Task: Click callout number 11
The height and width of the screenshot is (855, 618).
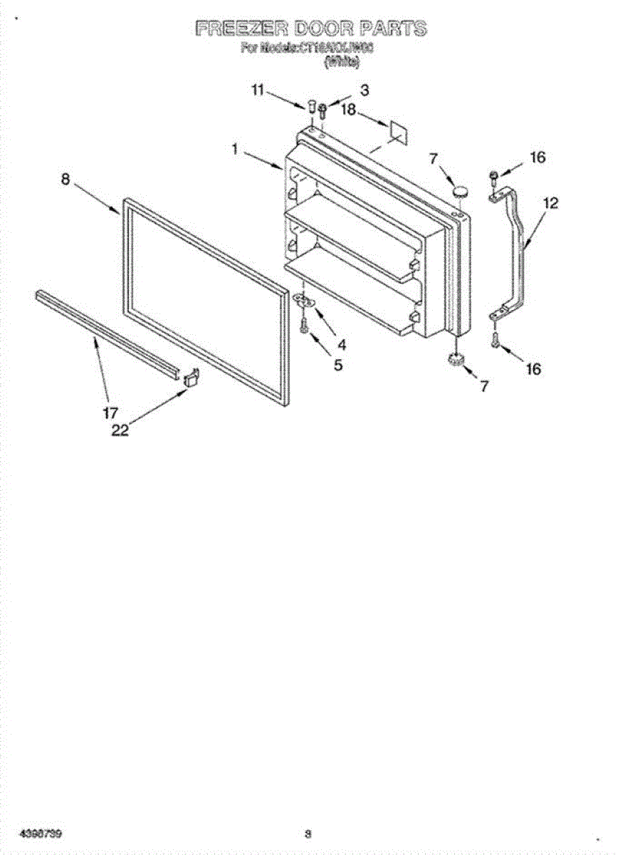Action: click(x=258, y=90)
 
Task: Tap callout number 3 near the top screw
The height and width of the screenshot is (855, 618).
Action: click(x=365, y=90)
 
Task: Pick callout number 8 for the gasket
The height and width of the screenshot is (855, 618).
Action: click(x=66, y=180)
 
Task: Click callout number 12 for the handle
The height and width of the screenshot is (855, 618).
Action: click(x=550, y=203)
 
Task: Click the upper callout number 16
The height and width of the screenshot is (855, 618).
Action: click(x=538, y=157)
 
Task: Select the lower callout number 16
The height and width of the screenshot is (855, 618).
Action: click(x=533, y=368)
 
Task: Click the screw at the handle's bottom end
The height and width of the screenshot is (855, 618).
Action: click(x=496, y=341)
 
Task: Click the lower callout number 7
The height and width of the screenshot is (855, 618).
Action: click(x=484, y=386)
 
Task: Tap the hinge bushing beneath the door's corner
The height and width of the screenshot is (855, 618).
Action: click(x=455, y=360)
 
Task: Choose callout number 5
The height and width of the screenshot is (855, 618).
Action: click(x=337, y=366)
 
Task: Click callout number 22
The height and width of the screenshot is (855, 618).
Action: click(x=120, y=430)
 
